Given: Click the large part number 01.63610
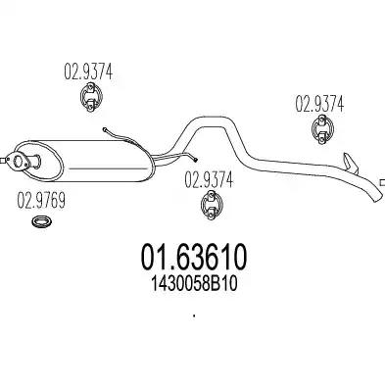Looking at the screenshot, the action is coord(194,257).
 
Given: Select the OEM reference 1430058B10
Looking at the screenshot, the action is coord(193,284).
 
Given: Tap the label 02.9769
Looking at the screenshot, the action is coord(41,201).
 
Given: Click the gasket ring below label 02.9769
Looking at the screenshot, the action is coord(42,221).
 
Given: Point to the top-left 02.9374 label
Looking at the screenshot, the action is coord(88,72).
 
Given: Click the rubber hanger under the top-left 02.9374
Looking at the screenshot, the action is coord(91,97).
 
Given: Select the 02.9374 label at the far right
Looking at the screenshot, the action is coord(319,104).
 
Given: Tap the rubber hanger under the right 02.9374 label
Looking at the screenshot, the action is coord(322,129).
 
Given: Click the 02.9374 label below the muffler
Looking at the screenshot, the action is coord(209,180).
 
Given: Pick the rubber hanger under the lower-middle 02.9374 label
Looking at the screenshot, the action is coord(212,206).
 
